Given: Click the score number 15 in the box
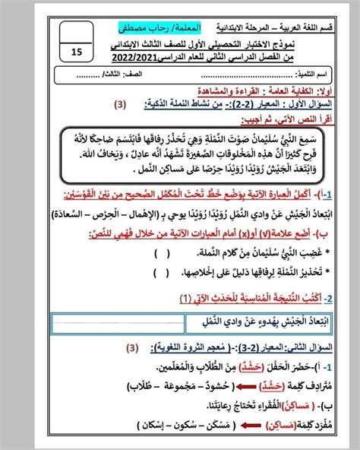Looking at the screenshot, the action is (78, 52).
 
